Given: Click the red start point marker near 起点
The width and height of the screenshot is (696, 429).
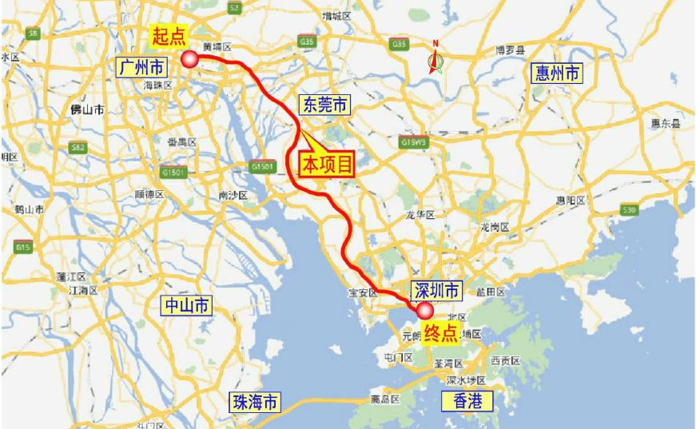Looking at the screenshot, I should pyautogui.click(x=190, y=58).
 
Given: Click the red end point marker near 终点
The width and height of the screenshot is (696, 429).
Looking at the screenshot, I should pyautogui.click(x=423, y=310).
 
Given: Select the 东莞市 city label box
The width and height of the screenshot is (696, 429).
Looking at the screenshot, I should pyautogui.click(x=324, y=104).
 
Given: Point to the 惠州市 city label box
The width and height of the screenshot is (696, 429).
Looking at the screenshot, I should pyautogui.click(x=557, y=74).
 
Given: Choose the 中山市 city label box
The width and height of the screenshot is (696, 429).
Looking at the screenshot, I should pyautogui.click(x=187, y=304).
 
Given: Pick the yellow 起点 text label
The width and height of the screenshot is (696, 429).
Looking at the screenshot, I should pyautogui.click(x=169, y=35).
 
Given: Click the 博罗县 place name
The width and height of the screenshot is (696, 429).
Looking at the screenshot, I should pyautogui.click(x=508, y=50).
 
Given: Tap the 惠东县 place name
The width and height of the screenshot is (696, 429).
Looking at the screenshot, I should pyautogui.click(x=664, y=124).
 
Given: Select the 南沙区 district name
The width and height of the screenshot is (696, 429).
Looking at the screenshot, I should pyautogui.click(x=233, y=194).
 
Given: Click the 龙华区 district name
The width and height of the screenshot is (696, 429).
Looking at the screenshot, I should pyautogui.click(x=420, y=215).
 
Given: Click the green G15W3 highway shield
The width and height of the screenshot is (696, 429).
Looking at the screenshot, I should pyautogui.click(x=412, y=142).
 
